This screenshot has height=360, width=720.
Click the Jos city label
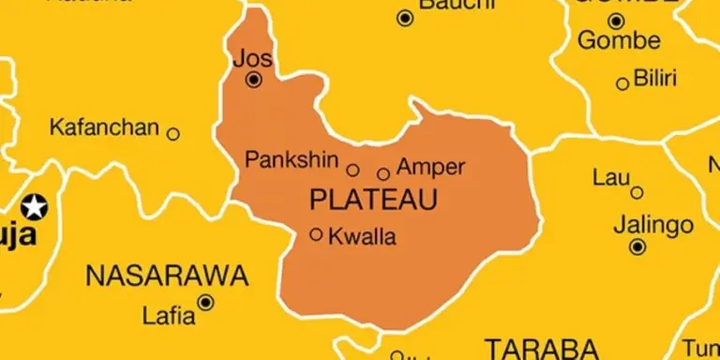click(x=253, y=58)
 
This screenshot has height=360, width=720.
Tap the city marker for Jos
click(x=253, y=81)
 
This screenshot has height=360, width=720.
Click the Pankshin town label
click(x=292, y=159)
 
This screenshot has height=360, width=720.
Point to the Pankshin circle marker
click(x=353, y=170)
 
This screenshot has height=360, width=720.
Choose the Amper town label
click(x=431, y=168)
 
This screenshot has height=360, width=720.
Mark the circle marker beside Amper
click(x=383, y=173)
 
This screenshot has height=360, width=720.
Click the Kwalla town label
click(x=362, y=237)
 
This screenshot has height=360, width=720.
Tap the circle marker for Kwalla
click(x=316, y=234)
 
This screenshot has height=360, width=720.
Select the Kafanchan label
click(x=104, y=127)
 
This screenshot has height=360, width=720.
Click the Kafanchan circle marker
click(x=173, y=134)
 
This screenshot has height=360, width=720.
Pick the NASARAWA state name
click(x=167, y=276)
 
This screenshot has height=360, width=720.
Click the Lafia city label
click(x=169, y=314)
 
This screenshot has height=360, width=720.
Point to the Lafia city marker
click(x=205, y=302)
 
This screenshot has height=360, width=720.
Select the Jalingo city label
click(x=653, y=225)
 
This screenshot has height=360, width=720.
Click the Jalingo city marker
click(x=637, y=247)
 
